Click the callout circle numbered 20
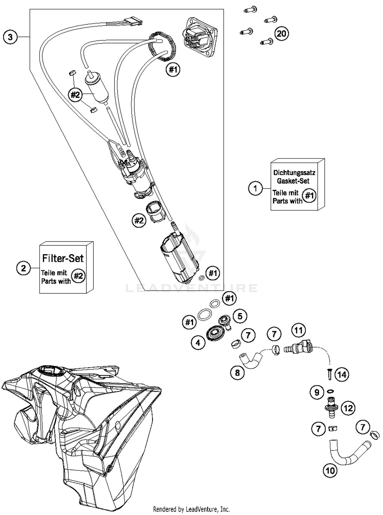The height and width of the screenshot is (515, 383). (281, 33)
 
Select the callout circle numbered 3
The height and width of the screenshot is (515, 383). (10, 37)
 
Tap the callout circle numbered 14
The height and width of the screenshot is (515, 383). (342, 375)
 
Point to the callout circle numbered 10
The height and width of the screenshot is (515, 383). (330, 470)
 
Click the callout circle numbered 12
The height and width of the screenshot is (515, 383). (348, 408)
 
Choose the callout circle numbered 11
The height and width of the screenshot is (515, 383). (298, 330)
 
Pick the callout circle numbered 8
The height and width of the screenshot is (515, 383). (237, 373)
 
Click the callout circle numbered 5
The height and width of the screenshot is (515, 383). (240, 316)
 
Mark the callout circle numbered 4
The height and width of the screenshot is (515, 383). (198, 343)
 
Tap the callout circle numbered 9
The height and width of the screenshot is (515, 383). (317, 392)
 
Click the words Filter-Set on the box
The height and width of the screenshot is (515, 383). (63, 258)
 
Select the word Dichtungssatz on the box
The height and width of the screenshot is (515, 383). (294, 173)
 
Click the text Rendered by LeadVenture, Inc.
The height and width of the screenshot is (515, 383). (191, 509)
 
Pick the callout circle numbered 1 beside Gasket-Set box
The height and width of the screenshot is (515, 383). (255, 189)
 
